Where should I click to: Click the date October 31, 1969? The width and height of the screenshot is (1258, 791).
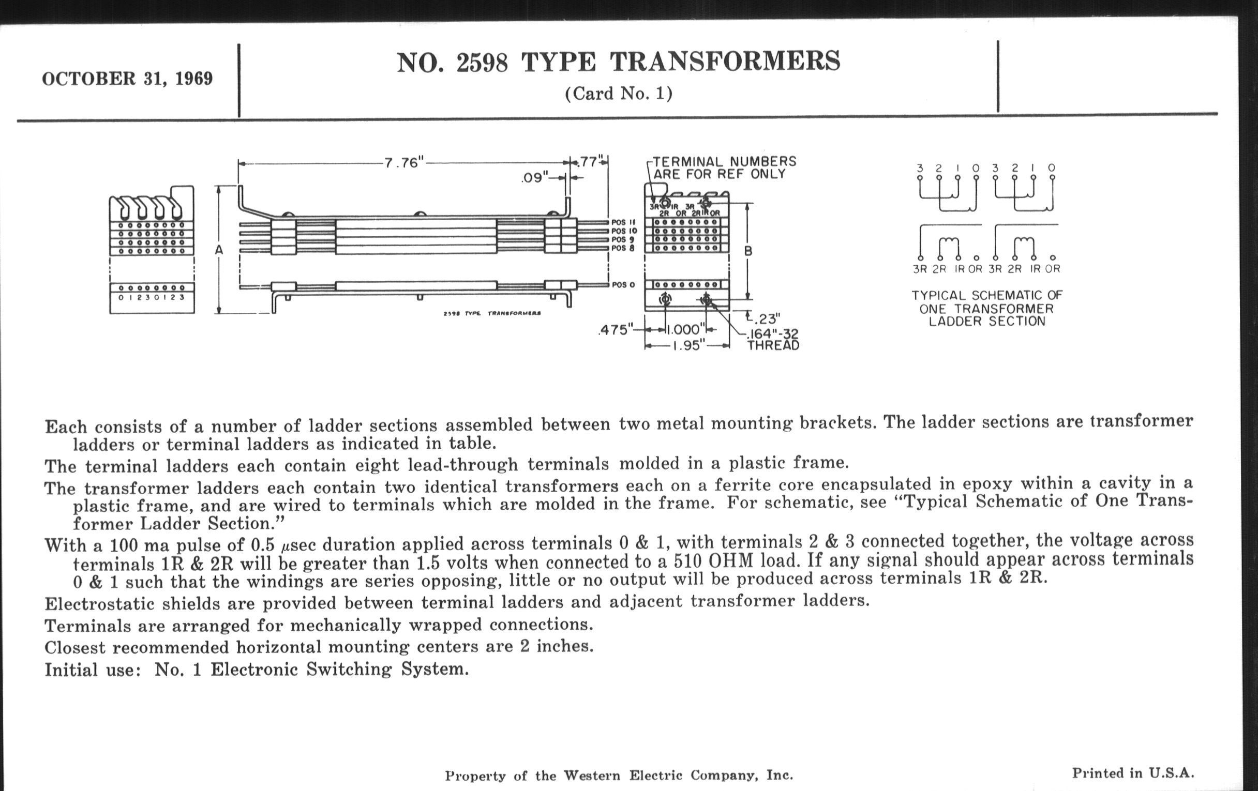pos(127,79)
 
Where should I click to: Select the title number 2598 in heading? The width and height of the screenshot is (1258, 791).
pos(481,63)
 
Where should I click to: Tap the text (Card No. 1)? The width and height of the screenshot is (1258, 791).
pos(619,94)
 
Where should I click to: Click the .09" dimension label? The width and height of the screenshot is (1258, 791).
pos(534,177)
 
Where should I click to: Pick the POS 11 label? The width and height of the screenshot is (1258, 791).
pos(624,222)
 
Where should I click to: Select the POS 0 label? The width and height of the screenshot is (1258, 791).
pos(623,285)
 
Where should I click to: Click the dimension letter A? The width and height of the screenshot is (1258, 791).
pos(219,251)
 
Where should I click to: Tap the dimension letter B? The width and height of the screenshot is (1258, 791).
pos(748,251)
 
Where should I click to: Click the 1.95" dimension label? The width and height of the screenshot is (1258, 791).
pos(687,346)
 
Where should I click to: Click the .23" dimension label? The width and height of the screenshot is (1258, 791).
pos(766,318)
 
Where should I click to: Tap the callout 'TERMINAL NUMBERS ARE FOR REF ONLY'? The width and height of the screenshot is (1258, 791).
pos(724,168)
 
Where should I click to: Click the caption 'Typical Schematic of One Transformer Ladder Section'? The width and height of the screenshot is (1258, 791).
pos(987,308)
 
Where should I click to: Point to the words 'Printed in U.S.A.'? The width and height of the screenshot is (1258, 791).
pos(1133,773)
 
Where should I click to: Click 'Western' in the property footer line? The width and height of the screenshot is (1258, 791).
pos(591,776)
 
